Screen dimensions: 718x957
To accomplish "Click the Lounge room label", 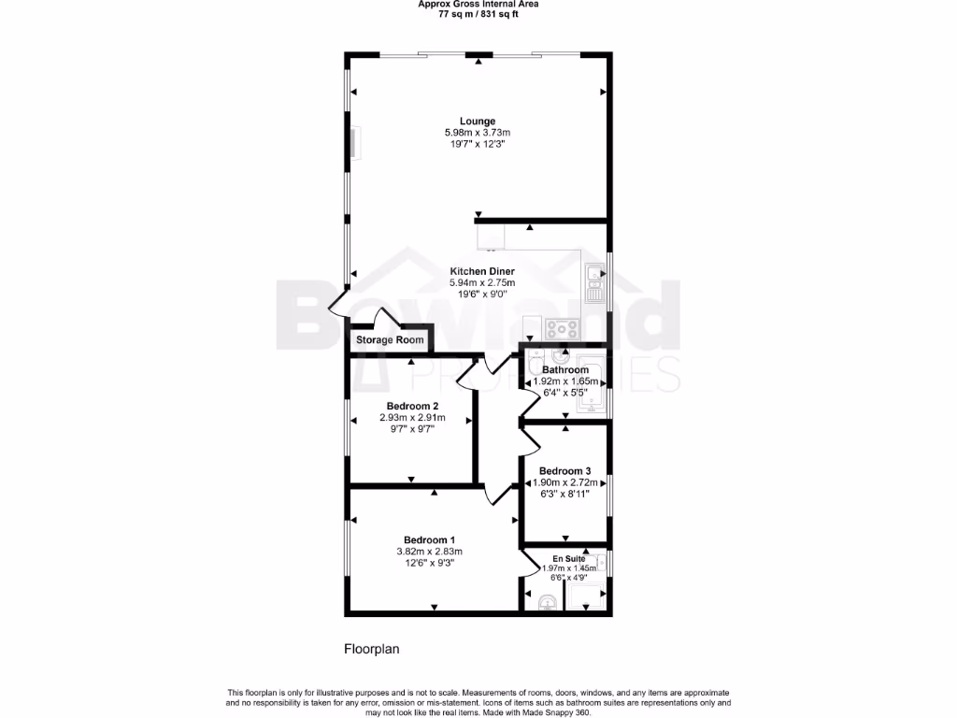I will click(477, 121).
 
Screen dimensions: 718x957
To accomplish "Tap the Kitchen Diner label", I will click(482, 271).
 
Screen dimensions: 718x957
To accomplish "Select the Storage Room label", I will click(390, 340).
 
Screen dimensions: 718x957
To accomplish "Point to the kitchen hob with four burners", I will click(563, 329).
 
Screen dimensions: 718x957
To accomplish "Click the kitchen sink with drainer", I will click(593, 283).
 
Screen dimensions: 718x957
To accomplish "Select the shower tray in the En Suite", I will click(586, 596).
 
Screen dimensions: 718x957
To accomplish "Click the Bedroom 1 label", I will click(429, 539).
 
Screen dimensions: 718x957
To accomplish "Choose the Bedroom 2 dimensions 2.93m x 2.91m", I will click(409, 417).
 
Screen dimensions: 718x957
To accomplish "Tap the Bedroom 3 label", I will click(564, 470).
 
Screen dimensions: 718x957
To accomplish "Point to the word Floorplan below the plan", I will click(372, 648).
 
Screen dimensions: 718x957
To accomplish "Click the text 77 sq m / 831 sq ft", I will click(478, 14).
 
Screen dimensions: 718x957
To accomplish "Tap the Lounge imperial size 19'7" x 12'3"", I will click(477, 144).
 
